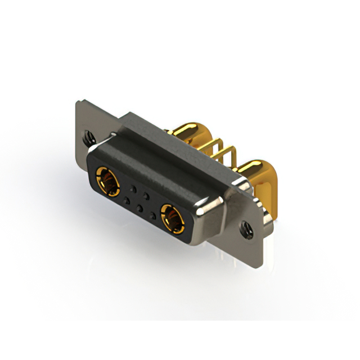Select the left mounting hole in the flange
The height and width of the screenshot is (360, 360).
pyautogui.click(x=87, y=136)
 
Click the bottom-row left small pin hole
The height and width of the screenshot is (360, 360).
pyautogui.click(x=126, y=200)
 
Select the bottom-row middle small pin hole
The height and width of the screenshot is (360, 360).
pyautogui.click(x=139, y=207)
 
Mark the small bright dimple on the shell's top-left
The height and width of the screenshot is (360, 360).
pyautogui.click(x=114, y=133)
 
